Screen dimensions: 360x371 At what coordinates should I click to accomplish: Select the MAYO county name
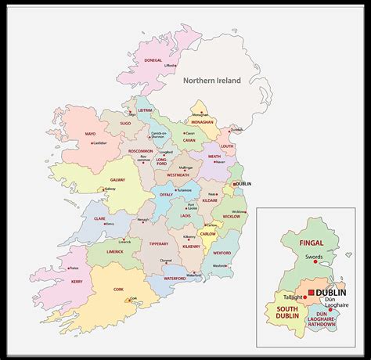point(90,134)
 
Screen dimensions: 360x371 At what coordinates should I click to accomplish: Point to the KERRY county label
point(77,281)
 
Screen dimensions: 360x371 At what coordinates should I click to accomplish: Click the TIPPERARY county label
point(159,243)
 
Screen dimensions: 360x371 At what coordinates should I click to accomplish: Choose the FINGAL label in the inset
point(311,243)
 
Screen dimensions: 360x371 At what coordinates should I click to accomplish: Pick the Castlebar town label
point(100,143)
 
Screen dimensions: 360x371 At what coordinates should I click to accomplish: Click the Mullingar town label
point(186,167)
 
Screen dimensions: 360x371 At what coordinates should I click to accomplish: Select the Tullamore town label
point(184,190)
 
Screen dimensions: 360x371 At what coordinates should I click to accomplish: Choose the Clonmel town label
point(165,261)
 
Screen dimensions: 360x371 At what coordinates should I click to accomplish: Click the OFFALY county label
point(166,194)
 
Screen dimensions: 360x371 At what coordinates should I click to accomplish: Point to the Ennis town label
point(110,223)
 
